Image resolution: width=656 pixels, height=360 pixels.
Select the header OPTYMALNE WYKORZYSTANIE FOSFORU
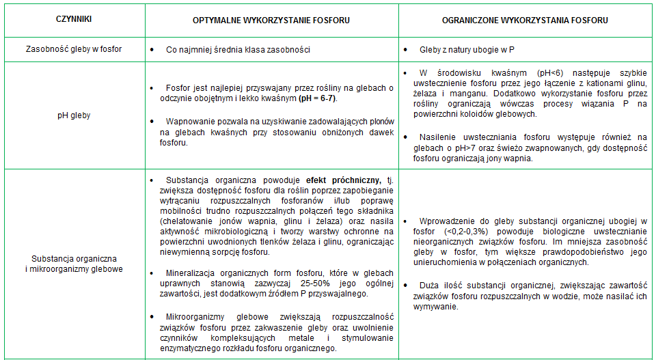click(x=272, y=20)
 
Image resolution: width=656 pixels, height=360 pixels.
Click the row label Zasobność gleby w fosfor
click(x=74, y=50)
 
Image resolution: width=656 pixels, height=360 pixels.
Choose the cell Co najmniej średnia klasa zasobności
click(x=238, y=50)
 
